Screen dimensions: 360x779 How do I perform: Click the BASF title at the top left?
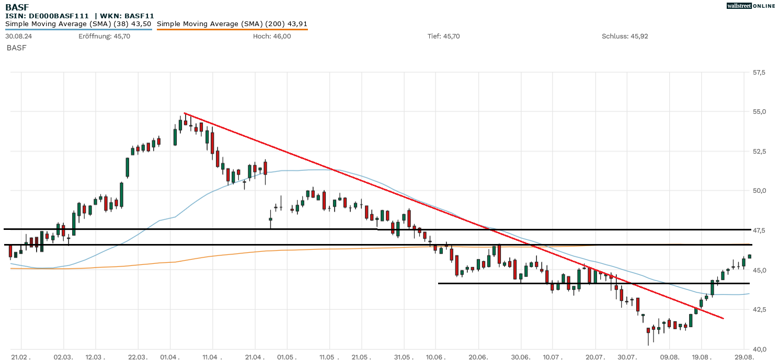coord(17,7)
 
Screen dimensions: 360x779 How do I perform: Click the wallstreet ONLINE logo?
coord(751,6)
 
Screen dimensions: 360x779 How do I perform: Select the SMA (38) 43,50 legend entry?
coord(78,24)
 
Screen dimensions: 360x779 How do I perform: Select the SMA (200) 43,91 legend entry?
coord(232,24)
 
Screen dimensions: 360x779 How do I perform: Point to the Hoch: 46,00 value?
coord(272,36)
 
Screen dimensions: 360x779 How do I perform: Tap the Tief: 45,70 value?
coord(443,36)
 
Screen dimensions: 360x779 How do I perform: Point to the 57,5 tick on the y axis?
coord(758,72)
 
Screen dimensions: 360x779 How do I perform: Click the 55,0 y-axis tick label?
coord(758,112)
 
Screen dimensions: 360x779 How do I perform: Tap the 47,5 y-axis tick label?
coord(758,230)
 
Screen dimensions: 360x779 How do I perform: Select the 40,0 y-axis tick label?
coord(758,349)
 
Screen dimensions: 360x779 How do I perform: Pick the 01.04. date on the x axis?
coord(171,356)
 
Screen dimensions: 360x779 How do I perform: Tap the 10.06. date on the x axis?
coord(436,356)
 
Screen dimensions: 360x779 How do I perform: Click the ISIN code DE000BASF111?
coord(58,16)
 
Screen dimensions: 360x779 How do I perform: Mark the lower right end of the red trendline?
coord(723,318)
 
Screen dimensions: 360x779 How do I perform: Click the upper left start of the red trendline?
coord(185,113)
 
